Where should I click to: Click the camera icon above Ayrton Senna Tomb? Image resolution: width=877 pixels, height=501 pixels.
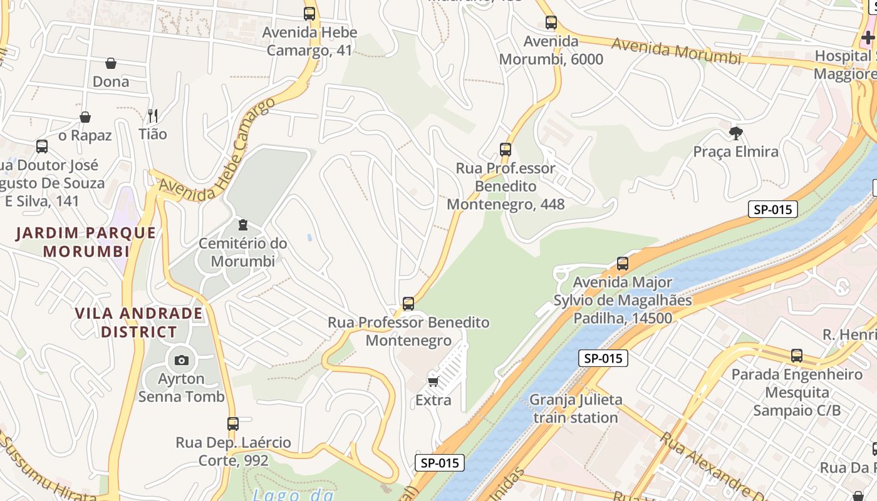[182, 360]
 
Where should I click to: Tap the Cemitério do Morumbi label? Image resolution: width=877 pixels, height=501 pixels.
[242, 252]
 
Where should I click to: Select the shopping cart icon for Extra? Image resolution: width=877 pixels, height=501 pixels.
[433, 381]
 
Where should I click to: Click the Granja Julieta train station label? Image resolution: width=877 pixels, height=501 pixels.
[576, 408]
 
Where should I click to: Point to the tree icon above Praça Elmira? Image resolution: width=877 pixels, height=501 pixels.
[736, 133]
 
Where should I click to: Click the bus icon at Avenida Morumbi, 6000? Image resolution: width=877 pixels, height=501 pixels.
[551, 23]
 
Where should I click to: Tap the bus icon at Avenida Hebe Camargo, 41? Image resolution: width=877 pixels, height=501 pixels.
[309, 14]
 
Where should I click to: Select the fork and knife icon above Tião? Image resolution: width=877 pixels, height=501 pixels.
[152, 115]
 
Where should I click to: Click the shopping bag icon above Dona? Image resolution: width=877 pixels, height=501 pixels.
[111, 63]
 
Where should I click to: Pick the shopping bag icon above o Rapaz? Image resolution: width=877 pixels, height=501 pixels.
[85, 117]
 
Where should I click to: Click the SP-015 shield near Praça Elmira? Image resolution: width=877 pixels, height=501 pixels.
[772, 209]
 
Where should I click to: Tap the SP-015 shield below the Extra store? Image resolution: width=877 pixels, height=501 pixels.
[440, 463]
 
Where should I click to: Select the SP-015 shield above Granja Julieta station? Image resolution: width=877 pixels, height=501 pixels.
[603, 358]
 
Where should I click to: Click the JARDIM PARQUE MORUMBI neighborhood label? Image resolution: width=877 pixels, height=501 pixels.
[86, 242]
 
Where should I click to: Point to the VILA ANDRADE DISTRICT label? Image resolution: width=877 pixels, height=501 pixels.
[138, 322]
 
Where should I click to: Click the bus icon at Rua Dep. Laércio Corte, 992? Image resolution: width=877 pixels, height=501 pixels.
[233, 424]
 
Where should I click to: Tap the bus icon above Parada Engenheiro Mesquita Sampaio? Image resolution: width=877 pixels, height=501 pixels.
[797, 356]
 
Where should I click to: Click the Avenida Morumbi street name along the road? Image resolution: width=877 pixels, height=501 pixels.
[676, 51]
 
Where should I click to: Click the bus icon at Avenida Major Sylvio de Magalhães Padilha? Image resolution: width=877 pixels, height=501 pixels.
[622, 264]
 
